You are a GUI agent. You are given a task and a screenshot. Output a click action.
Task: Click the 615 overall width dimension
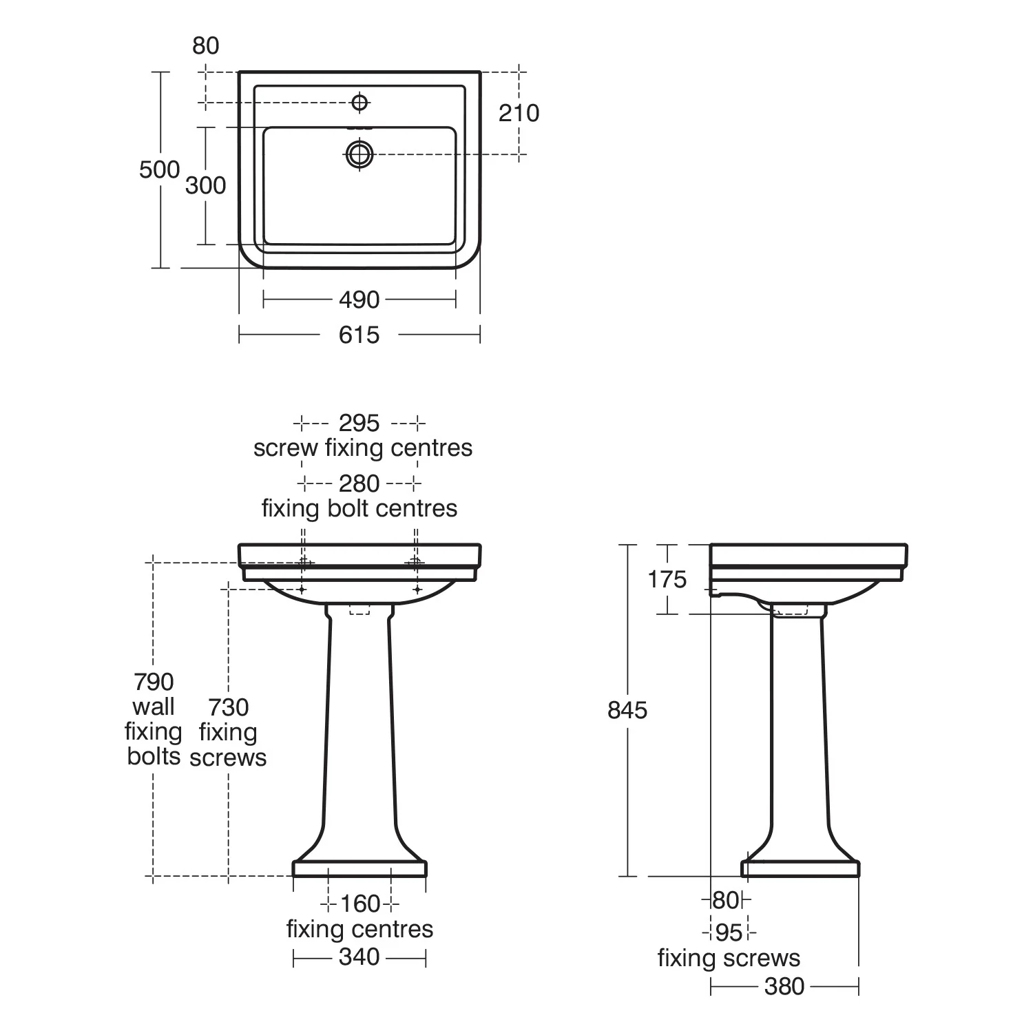click(359, 335)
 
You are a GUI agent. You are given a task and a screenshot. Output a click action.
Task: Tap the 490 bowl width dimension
click(359, 300)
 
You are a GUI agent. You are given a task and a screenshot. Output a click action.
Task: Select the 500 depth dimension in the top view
click(159, 169)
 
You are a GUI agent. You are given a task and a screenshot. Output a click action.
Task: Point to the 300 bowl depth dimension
click(205, 185)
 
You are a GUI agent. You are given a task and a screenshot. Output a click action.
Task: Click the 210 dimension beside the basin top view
click(519, 113)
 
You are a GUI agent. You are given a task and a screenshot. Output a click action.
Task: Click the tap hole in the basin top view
click(359, 103)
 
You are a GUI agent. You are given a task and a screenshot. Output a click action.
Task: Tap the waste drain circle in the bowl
click(359, 154)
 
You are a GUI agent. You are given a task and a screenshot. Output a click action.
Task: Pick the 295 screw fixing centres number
click(359, 423)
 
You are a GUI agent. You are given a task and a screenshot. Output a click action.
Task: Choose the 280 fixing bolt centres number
click(359, 483)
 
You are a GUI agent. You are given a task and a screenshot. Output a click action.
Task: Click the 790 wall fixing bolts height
click(154, 682)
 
